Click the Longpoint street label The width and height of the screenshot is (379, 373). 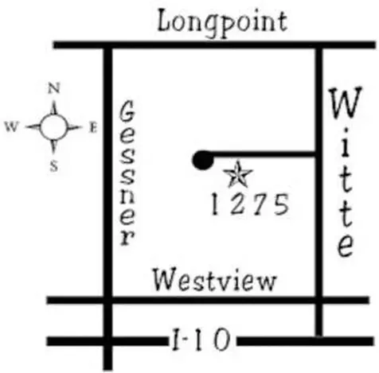[222, 23]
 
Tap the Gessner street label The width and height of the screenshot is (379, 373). [127, 173]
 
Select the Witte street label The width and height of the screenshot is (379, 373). [346, 172]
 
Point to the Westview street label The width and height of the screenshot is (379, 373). [214, 279]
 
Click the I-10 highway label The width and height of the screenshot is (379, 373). [201, 340]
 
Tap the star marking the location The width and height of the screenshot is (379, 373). [238, 175]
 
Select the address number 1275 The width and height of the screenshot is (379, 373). [250, 204]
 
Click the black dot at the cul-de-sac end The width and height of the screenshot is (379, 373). [203, 160]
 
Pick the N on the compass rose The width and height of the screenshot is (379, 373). [54, 88]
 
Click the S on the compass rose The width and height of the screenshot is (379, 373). [54, 167]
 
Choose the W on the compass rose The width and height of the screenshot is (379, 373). [12, 127]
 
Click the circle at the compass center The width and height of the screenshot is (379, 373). [54, 127]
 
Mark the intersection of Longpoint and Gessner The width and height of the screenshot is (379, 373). [107, 45]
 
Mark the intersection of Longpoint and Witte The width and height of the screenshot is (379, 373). [319, 45]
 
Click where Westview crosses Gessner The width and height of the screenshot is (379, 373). [107, 301]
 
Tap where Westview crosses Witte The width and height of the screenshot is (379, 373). [319, 301]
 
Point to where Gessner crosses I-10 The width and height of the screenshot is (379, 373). [107, 341]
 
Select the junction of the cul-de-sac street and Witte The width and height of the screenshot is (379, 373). [318, 154]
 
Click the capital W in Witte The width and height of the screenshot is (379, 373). [346, 102]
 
